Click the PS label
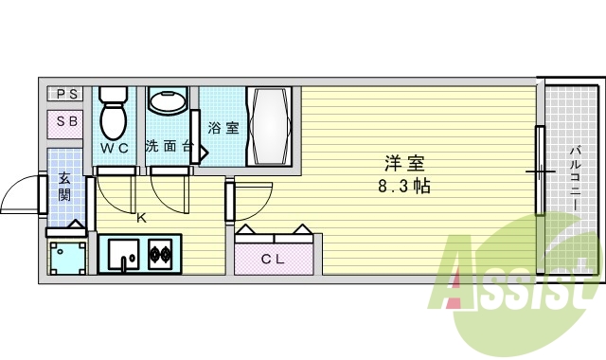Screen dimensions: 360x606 (x=66, y=94)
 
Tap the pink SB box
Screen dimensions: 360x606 (x=66, y=122)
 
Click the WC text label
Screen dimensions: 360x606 (x=116, y=148)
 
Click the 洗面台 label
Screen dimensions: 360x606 (x=169, y=147)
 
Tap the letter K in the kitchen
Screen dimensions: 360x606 (x=141, y=218)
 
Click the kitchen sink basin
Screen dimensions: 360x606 (x=122, y=253)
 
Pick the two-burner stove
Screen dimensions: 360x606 (x=159, y=253)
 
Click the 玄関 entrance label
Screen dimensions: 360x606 (x=64, y=186)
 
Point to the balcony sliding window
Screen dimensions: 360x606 (x=541, y=171)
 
